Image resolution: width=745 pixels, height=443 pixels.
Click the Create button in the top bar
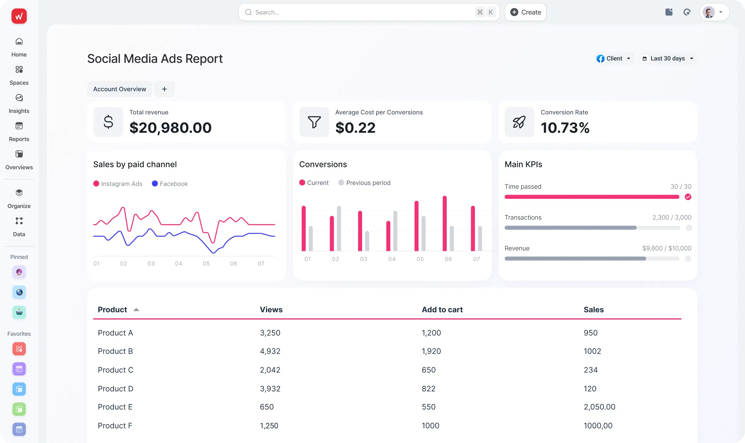coord(525,12)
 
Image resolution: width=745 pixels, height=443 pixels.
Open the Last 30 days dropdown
coord(668,59)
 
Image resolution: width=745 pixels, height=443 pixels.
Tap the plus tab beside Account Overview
coord(164,89)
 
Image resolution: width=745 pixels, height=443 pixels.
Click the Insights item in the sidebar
coord(19,104)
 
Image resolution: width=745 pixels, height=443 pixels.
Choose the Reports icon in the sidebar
coord(19,126)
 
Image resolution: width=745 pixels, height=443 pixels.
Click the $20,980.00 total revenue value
coord(170,128)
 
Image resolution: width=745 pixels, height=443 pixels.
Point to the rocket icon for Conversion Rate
coord(519,122)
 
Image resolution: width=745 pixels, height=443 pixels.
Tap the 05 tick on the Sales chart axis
coord(206,263)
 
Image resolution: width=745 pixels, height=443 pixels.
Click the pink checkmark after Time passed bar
coord(688,197)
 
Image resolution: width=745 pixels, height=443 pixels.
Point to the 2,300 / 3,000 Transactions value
coord(672,218)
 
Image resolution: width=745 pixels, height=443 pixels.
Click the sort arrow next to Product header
coord(136,310)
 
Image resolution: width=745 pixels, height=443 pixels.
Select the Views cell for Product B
coord(270,351)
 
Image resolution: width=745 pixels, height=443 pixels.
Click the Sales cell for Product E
coord(599,407)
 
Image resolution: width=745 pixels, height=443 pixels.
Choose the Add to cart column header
coord(442,310)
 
